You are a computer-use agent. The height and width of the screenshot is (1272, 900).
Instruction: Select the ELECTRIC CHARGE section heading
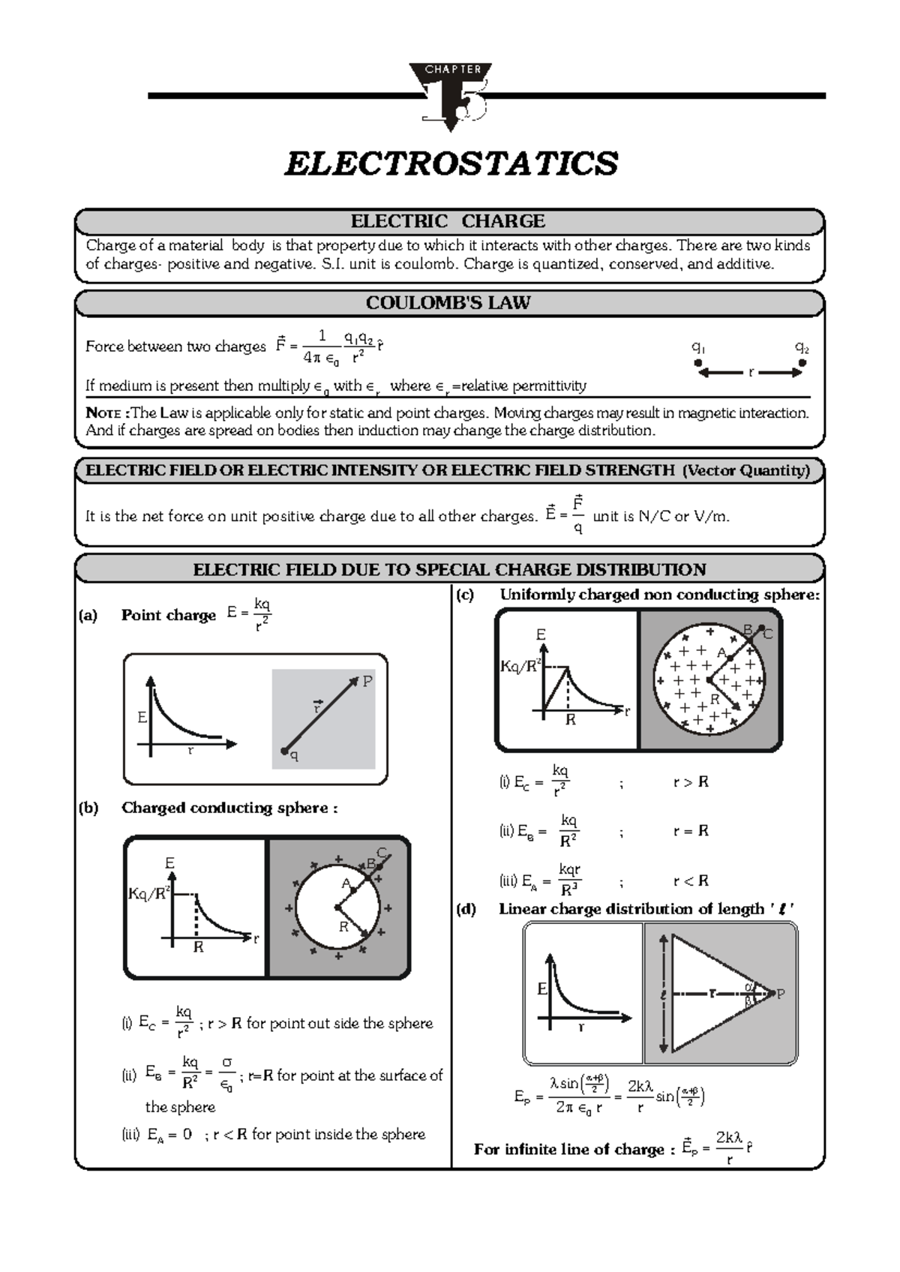pyautogui.click(x=448, y=221)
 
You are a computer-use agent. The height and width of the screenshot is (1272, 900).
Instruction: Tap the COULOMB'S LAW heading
pyautogui.click(x=448, y=303)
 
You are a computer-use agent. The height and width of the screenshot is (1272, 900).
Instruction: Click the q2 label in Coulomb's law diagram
pyautogui.click(x=801, y=347)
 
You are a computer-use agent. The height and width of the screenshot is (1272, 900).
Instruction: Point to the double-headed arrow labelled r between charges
pyautogui.click(x=750, y=372)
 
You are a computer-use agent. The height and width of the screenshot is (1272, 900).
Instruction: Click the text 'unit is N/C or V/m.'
pyautogui.click(x=661, y=516)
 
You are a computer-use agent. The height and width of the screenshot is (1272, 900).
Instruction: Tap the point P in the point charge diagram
pyautogui.click(x=367, y=682)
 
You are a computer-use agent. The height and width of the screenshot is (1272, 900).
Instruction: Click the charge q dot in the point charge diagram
pyautogui.click(x=285, y=751)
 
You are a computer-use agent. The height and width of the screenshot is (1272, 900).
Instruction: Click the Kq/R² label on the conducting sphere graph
pyautogui.click(x=149, y=893)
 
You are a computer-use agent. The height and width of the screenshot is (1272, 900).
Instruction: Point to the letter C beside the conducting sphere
pyautogui.click(x=381, y=853)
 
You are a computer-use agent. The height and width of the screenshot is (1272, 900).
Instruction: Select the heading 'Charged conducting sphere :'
pyautogui.click(x=229, y=808)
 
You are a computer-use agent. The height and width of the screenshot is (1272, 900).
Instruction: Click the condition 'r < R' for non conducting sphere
pyautogui.click(x=691, y=880)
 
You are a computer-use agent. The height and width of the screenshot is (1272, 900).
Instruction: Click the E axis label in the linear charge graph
pyautogui.click(x=542, y=989)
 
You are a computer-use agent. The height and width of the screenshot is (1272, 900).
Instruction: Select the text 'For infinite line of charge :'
pyautogui.click(x=574, y=1149)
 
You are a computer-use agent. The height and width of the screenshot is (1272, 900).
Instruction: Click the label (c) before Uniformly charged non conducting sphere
pyautogui.click(x=466, y=595)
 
